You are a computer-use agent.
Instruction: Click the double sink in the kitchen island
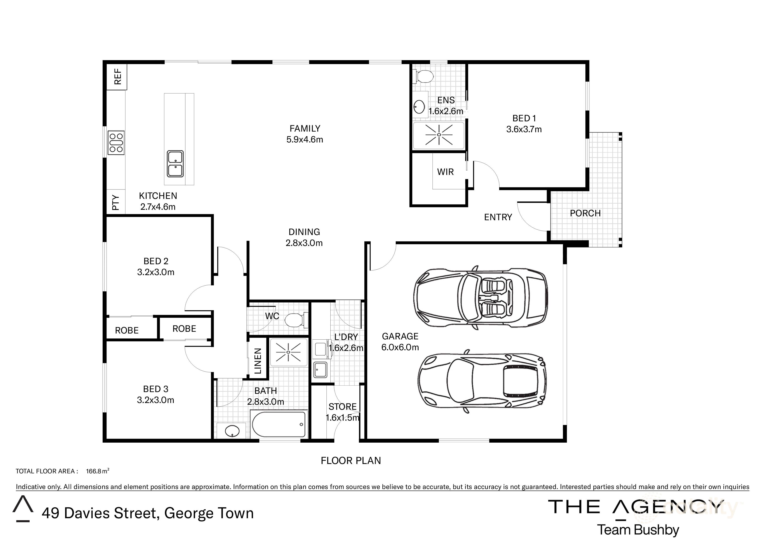[x=175, y=164]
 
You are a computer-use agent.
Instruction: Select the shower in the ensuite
[x=439, y=135]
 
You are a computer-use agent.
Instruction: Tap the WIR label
[x=445, y=172]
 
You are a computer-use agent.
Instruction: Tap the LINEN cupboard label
[x=258, y=361]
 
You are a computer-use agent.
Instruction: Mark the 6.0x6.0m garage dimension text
[x=400, y=347]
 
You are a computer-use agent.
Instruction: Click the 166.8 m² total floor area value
[x=97, y=471]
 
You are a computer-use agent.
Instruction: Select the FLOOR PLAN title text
[x=351, y=460]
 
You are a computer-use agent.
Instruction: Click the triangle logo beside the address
[x=23, y=508]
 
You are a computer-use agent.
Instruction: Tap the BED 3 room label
[x=156, y=389]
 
